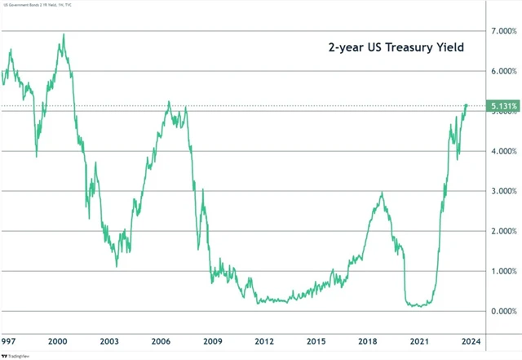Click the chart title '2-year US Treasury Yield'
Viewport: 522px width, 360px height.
point(396,48)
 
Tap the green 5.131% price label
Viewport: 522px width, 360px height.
point(502,106)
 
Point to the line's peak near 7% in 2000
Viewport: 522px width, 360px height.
point(64,35)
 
